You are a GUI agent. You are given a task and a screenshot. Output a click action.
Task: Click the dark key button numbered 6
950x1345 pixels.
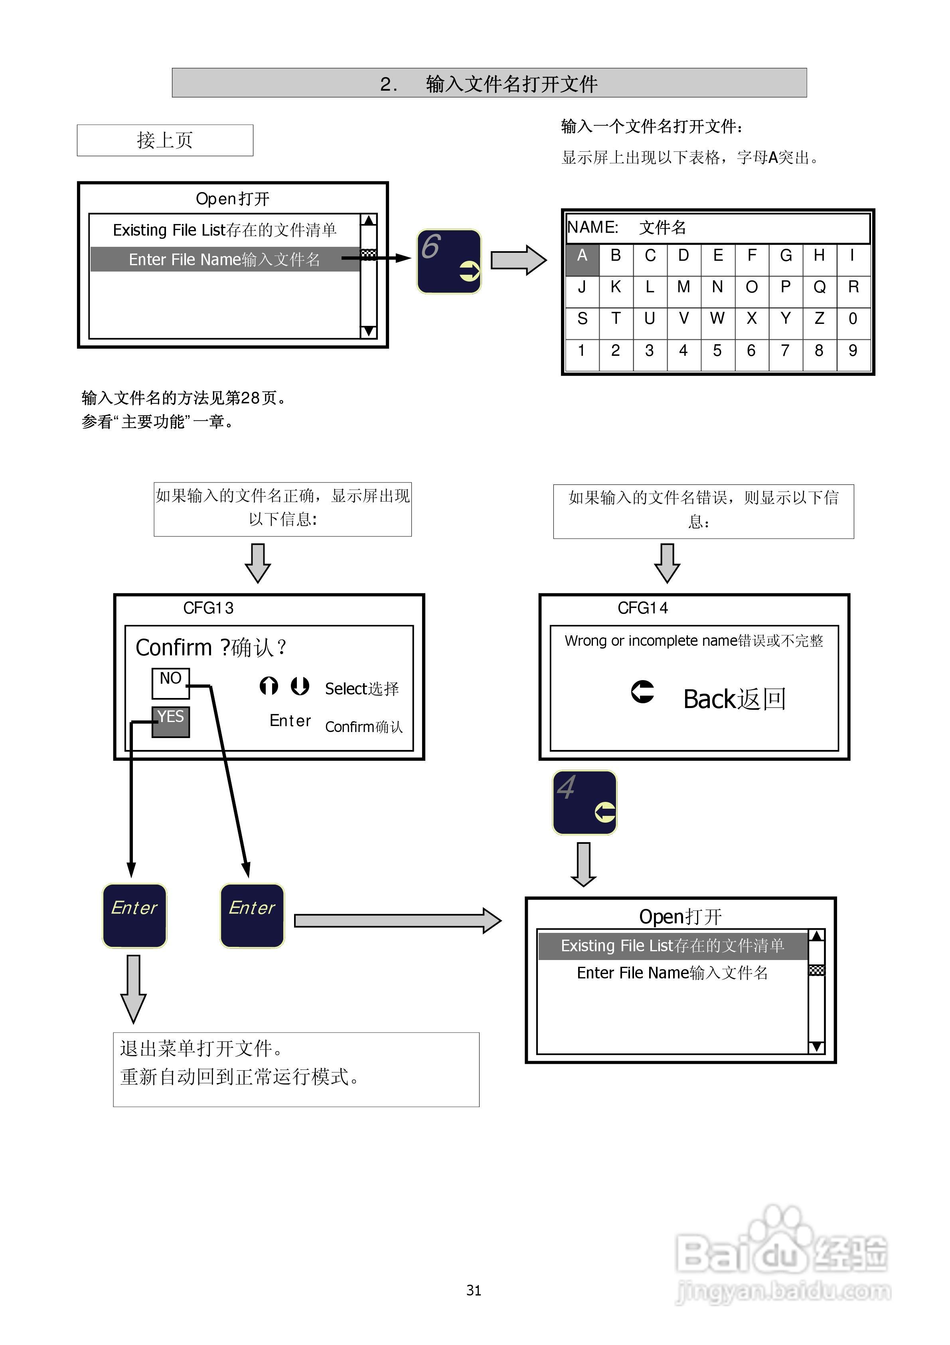tap(449, 261)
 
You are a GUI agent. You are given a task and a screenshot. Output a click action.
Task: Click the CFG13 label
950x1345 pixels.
tap(208, 608)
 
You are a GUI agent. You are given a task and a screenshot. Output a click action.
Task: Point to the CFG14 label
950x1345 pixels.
tap(642, 608)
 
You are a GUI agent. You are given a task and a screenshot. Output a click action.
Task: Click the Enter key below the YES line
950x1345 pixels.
tap(134, 915)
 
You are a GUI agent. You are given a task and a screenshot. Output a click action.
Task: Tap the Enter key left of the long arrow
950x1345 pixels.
tap(252, 915)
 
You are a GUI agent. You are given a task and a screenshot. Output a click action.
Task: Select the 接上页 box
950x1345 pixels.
tap(165, 140)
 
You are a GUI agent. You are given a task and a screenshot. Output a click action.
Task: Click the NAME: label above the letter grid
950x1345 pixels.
tap(593, 227)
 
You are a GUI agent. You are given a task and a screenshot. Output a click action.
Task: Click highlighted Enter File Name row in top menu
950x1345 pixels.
tap(224, 260)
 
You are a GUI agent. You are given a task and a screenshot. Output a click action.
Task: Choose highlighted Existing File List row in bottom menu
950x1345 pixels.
tap(672, 946)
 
